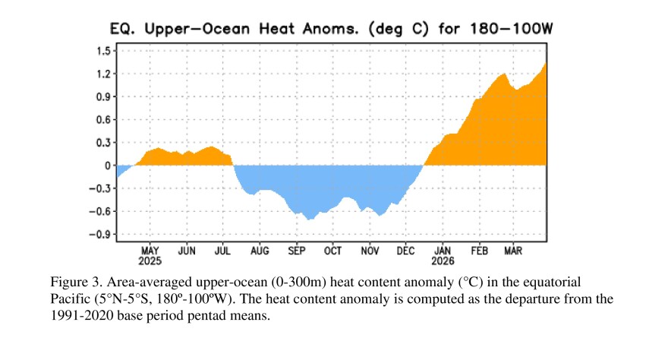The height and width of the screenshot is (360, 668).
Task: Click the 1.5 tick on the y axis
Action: (x=102, y=51)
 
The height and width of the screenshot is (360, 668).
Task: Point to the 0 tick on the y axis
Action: (x=107, y=166)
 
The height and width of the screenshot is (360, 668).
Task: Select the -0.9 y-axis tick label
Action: (x=99, y=235)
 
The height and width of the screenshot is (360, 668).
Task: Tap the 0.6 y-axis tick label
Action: (x=102, y=120)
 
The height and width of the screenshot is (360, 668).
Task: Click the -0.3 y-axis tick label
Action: (x=99, y=188)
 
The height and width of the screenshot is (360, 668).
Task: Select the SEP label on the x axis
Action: (x=296, y=250)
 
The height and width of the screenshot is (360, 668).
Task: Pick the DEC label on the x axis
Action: (x=406, y=250)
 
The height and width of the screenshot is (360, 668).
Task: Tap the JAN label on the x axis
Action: (x=443, y=250)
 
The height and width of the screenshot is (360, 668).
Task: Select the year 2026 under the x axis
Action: (x=443, y=261)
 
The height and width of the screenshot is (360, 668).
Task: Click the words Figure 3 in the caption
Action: (x=72, y=281)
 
